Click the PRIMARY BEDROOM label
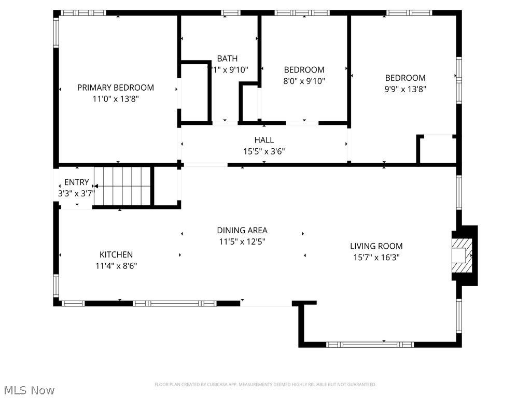tap(116, 88)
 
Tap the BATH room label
tap(227, 59)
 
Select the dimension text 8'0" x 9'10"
tap(304, 81)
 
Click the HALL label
tap(264, 140)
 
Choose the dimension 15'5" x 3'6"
tap(264, 151)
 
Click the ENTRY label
tap(76, 182)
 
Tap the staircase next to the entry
tap(123, 186)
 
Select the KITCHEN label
tap(116, 254)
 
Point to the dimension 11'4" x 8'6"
tap(116, 266)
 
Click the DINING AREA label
tap(242, 230)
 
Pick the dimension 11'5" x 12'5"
tap(242, 241)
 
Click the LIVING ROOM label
tap(376, 246)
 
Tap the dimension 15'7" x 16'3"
tap(376, 257)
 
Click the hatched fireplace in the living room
tap(461, 255)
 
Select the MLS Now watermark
tap(28, 390)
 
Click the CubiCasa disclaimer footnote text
tap(265, 385)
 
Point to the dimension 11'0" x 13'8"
tap(116, 98)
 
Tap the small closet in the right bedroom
tap(437, 149)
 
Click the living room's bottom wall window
tap(370, 344)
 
